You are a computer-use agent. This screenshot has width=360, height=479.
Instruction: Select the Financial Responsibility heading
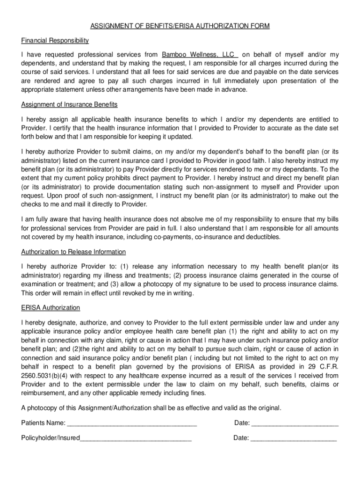coord(55,41)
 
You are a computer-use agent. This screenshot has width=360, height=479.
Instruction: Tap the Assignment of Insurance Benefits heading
coord(69,104)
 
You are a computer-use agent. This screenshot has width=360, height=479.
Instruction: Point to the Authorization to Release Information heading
coord(73,252)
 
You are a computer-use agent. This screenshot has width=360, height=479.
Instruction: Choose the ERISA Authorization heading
coord(50,307)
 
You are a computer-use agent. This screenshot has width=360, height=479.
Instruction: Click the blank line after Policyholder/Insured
coord(136,438)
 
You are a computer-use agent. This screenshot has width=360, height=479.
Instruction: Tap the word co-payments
coord(176,237)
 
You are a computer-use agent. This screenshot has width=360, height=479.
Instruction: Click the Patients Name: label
coord(43,423)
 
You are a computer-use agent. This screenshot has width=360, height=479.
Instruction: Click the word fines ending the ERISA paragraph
coord(197,393)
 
